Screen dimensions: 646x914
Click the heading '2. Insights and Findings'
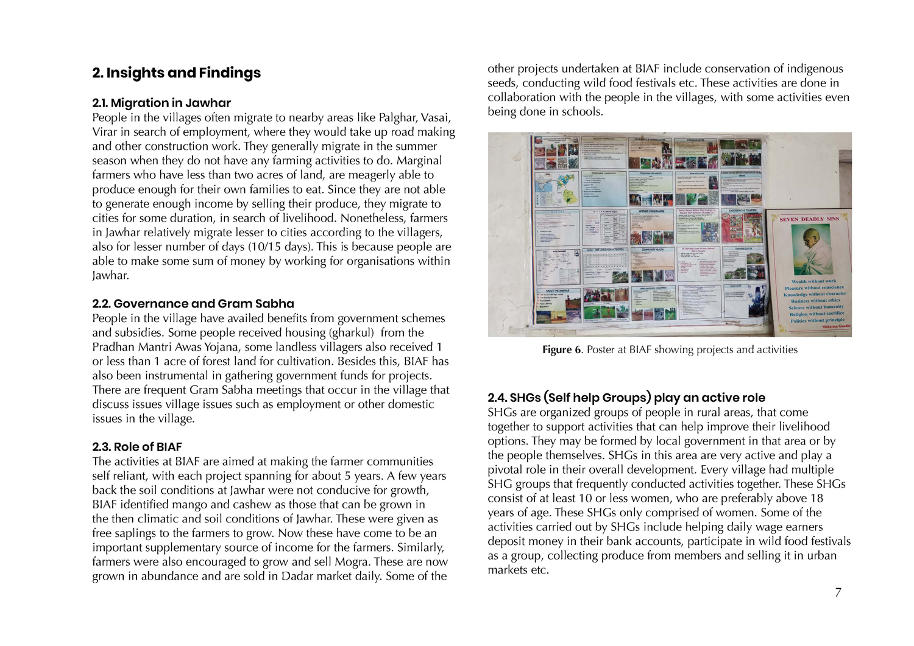(176, 73)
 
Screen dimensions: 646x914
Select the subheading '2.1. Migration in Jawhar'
(161, 103)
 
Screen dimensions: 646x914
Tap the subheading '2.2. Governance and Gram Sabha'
(193, 304)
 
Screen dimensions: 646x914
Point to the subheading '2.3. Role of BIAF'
(137, 448)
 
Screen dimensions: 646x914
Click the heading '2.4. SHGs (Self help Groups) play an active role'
(626, 398)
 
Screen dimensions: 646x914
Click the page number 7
(838, 592)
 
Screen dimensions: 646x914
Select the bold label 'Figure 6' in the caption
(562, 350)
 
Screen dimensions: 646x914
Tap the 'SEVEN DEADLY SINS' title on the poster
(809, 219)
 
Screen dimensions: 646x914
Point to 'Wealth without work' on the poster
(813, 281)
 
